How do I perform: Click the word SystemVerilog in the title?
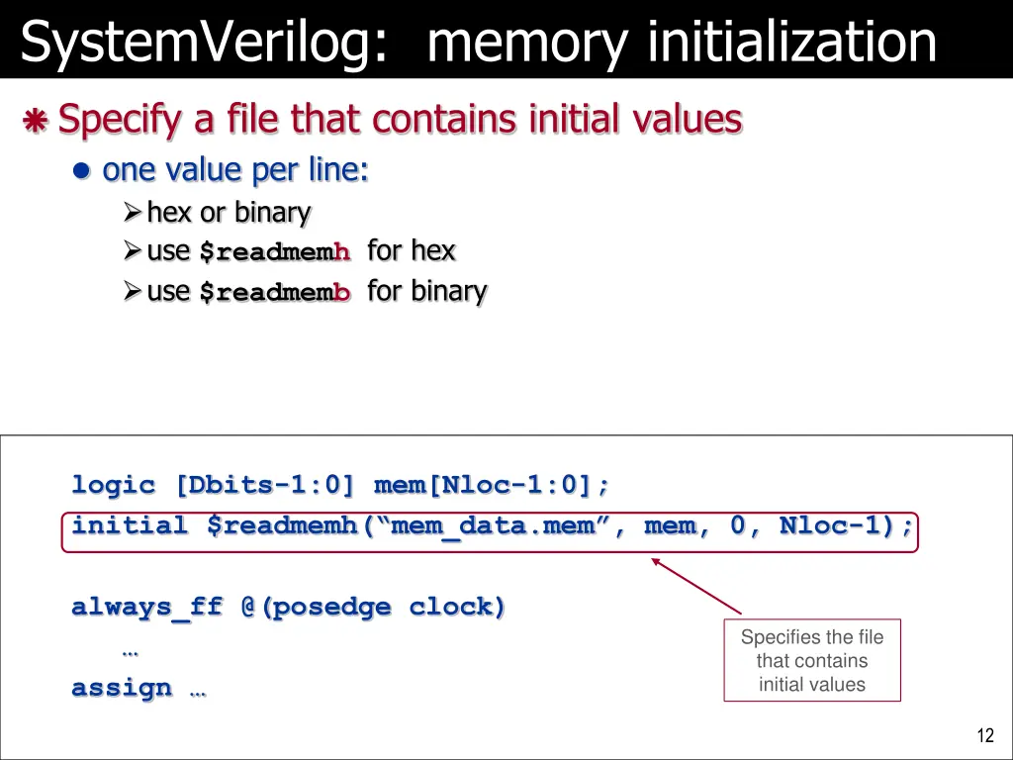(x=204, y=42)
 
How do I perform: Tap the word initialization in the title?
(x=791, y=42)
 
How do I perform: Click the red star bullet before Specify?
(x=36, y=122)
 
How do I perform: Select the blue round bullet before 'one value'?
(x=83, y=171)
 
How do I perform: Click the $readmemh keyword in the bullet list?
(x=275, y=252)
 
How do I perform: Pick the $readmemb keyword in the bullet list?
(x=275, y=292)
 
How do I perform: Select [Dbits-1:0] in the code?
(x=264, y=485)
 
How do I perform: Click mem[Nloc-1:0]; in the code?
(x=492, y=485)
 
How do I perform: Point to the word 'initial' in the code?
(x=130, y=525)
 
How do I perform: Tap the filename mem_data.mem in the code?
(x=494, y=525)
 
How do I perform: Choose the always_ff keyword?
(x=147, y=607)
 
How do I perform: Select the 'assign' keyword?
(x=122, y=688)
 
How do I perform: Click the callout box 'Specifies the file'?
(x=812, y=661)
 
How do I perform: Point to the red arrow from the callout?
(x=696, y=586)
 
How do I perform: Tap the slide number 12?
(x=984, y=735)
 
